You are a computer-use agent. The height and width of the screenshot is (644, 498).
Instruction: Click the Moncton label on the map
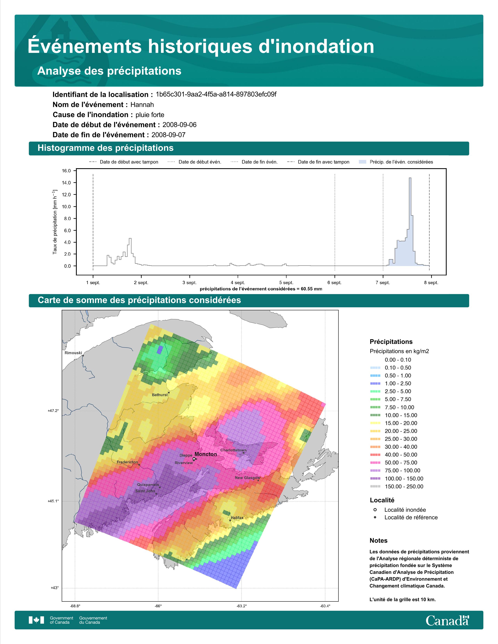206,454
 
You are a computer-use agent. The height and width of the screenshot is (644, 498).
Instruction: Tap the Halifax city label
237,518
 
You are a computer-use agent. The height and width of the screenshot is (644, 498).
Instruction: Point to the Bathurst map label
160,395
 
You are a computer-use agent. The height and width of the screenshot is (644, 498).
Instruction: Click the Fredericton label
127,462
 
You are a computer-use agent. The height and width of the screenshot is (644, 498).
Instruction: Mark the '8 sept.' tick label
431,283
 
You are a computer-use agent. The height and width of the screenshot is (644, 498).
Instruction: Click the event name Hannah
142,105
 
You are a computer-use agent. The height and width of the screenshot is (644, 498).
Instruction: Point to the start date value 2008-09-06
179,125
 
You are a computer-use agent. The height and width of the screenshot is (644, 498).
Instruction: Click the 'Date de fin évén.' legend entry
254,162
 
